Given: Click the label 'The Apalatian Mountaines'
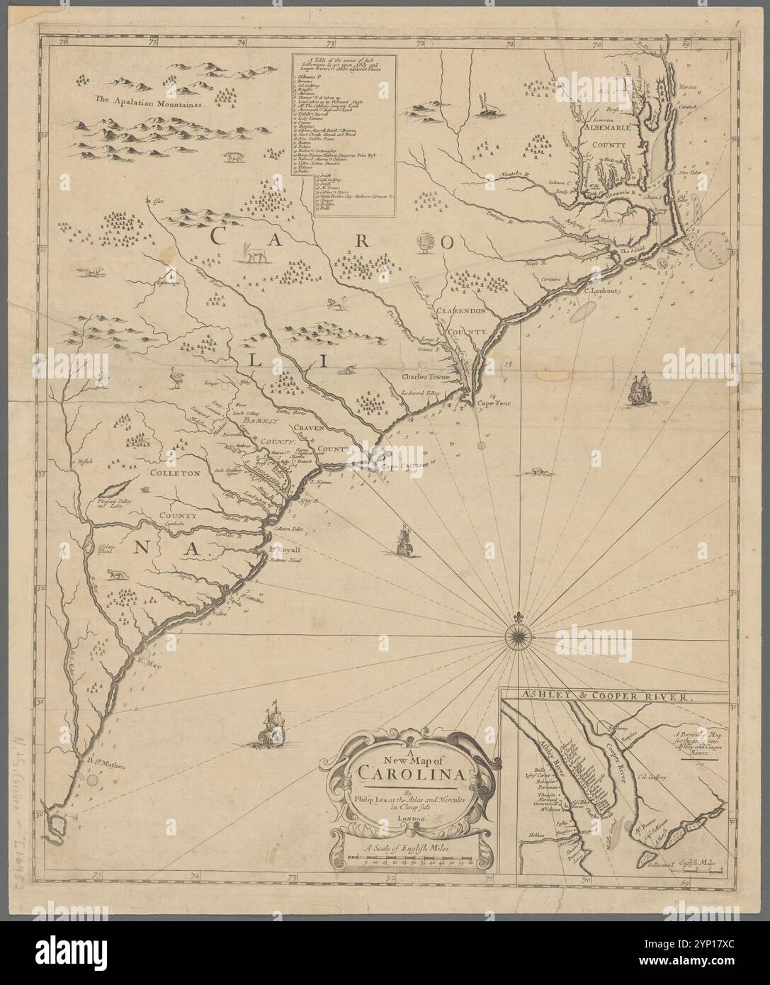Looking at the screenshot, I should click(x=149, y=102).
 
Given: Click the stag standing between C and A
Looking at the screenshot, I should click(x=251, y=252).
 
